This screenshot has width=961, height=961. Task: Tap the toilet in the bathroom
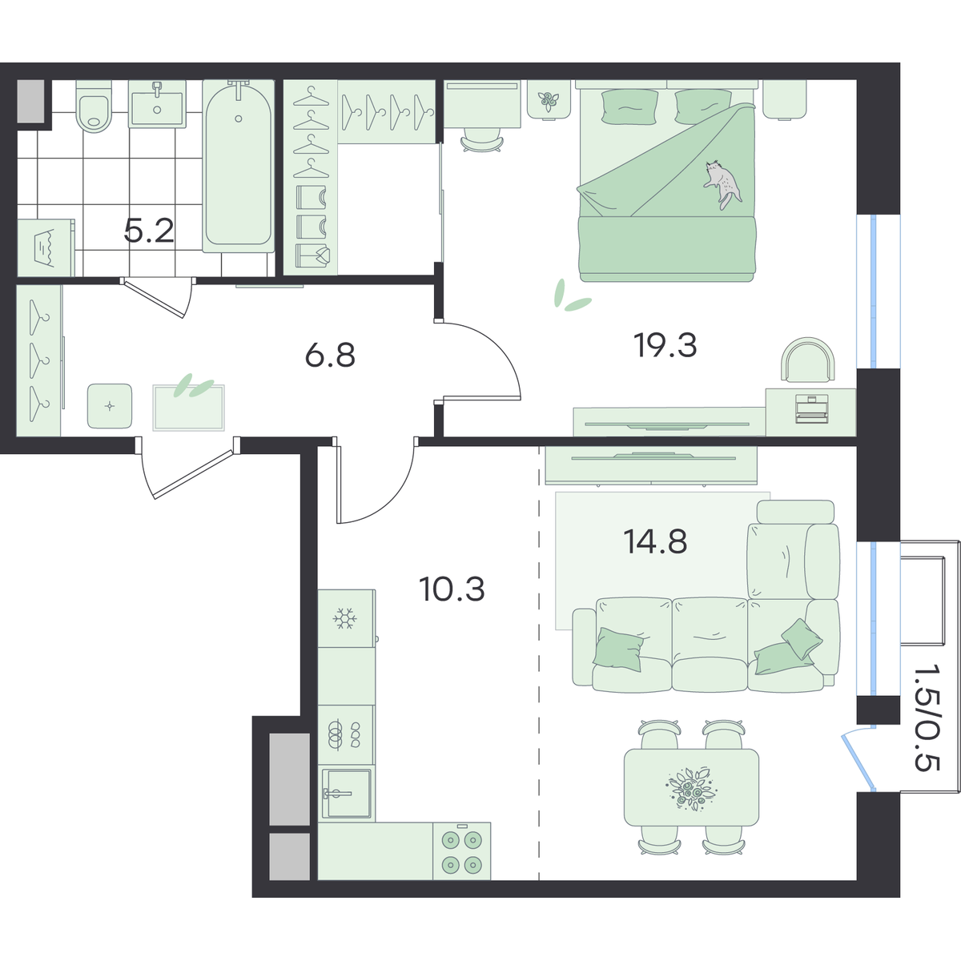click(x=93, y=107)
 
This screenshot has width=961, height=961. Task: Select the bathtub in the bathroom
click(x=239, y=166)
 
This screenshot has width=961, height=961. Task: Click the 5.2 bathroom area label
click(x=149, y=231)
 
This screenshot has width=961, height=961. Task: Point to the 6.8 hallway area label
click(x=330, y=356)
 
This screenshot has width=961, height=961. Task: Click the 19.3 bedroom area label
click(x=665, y=345)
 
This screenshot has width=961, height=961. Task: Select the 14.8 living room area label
click(x=655, y=541)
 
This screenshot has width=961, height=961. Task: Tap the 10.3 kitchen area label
click(x=452, y=589)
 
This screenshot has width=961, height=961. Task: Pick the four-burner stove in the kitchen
click(x=462, y=851)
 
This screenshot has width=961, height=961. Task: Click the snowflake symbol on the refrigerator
click(x=344, y=618)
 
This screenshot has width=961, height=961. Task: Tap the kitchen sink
click(x=347, y=794)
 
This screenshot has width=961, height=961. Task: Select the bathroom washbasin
click(x=157, y=104)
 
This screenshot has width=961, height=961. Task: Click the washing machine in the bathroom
click(x=46, y=247)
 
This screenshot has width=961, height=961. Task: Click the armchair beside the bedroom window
click(x=808, y=360)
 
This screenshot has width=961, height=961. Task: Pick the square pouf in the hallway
click(x=110, y=405)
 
